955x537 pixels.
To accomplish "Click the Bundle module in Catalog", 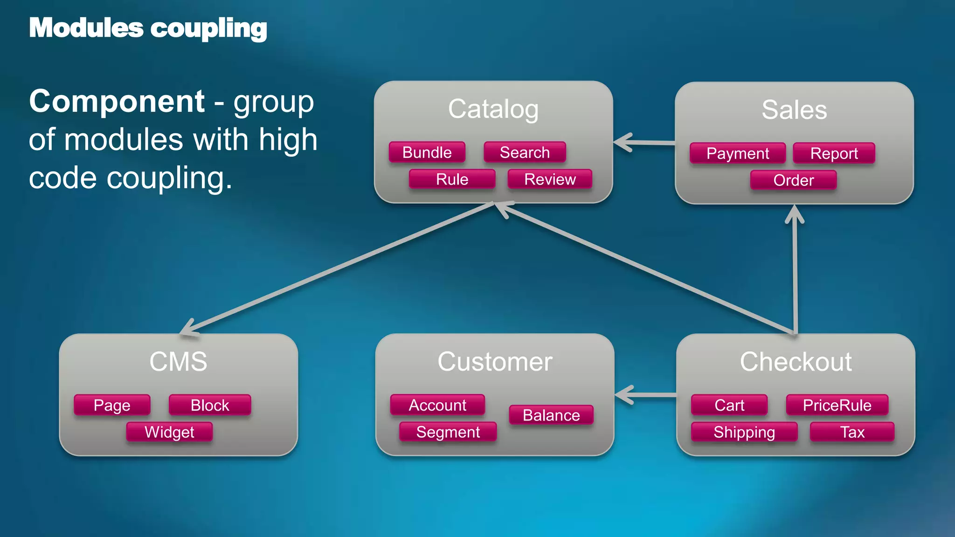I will point(427,152).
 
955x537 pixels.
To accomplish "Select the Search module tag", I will point(525,152).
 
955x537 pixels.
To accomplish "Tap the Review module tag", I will point(550,179).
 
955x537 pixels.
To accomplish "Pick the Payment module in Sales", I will point(737,153).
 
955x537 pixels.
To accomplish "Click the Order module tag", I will point(793,180).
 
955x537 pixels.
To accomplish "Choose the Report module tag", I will point(834,153).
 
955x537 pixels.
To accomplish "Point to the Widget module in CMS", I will point(169,432).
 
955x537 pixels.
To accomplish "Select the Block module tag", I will point(210,405).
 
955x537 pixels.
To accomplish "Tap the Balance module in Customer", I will point(551,415).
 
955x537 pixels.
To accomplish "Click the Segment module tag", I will point(448,432).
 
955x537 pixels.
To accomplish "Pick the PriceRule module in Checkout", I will point(837,405).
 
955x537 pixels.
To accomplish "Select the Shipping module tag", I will point(744,432).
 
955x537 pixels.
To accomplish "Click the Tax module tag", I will point(852,432).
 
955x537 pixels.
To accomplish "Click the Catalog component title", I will point(493,109).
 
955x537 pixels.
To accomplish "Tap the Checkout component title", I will point(796,362).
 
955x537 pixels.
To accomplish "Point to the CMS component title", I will point(178,362).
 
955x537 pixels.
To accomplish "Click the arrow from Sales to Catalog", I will point(646,143).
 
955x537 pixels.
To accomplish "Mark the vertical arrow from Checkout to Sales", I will point(795,270).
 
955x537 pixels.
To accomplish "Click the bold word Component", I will point(117,101).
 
